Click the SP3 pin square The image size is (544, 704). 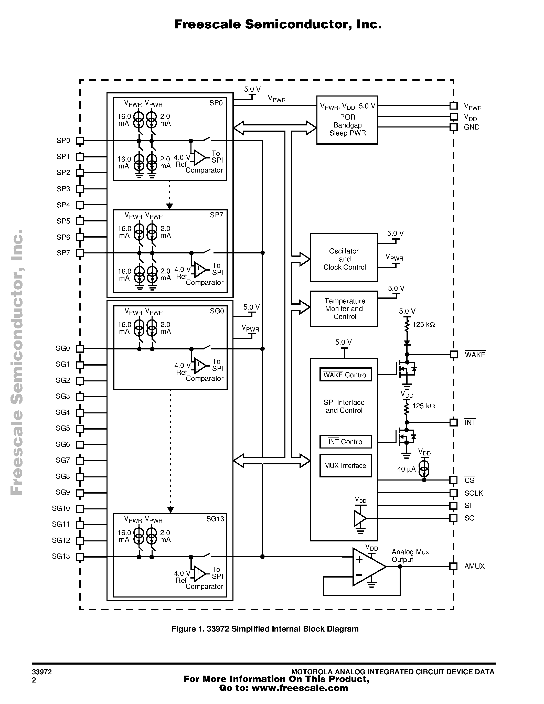(80, 189)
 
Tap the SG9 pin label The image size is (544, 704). (63, 492)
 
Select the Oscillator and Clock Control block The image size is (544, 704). (344, 258)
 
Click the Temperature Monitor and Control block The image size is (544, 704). (344, 309)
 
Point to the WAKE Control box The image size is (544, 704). (346, 375)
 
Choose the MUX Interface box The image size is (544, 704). (346, 465)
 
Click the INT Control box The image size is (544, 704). (346, 442)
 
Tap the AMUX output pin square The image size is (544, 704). (453, 566)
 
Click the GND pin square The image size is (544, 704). (453, 127)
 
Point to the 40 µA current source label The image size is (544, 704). (406, 469)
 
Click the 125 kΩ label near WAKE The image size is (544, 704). (423, 325)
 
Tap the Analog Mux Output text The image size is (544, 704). (410, 556)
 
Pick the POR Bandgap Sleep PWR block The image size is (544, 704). (347, 120)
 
